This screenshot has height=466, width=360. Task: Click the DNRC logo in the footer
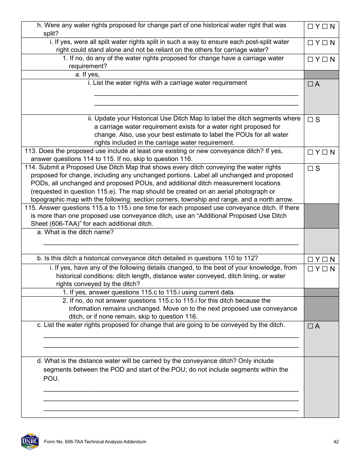tap(30, 441)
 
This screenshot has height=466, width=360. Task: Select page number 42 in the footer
tap(336, 442)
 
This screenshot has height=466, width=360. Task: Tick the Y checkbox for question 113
tap(310, 152)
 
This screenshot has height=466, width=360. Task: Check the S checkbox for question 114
tap(310, 169)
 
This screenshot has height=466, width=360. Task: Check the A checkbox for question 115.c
tap(310, 326)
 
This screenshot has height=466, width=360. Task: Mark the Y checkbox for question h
tap(310, 27)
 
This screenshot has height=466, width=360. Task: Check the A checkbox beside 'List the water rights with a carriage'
tap(310, 84)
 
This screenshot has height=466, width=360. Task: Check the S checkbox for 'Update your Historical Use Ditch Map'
tap(310, 120)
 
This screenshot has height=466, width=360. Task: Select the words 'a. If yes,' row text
tap(87, 75)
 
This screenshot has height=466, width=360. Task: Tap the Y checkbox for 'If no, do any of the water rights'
tap(310, 59)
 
